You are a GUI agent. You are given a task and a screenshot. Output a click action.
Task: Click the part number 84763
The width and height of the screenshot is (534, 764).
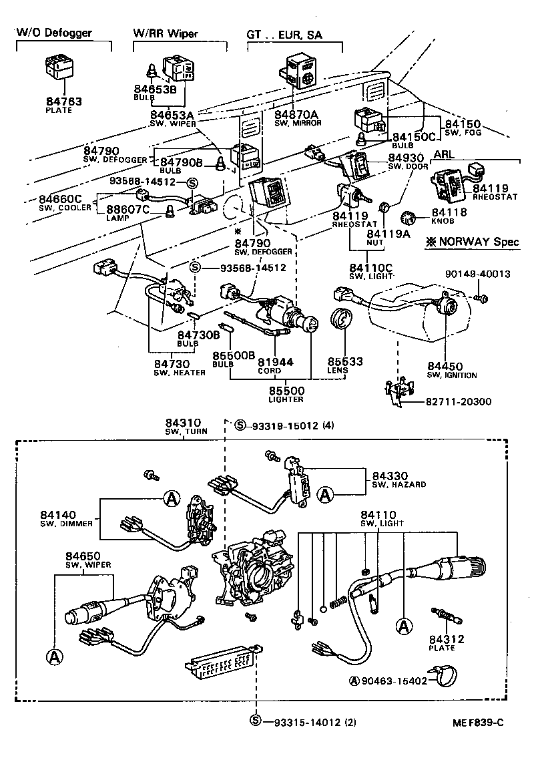pos(63,102)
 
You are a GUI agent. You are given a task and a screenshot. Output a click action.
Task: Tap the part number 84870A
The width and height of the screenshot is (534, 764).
pos(298,114)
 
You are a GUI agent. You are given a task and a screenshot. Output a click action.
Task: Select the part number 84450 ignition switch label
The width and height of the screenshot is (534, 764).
pos(445,366)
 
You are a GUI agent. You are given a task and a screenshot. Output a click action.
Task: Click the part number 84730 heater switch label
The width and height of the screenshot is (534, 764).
pos(170,364)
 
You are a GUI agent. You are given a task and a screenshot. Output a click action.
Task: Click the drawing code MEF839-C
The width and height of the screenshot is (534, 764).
pos(480,722)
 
